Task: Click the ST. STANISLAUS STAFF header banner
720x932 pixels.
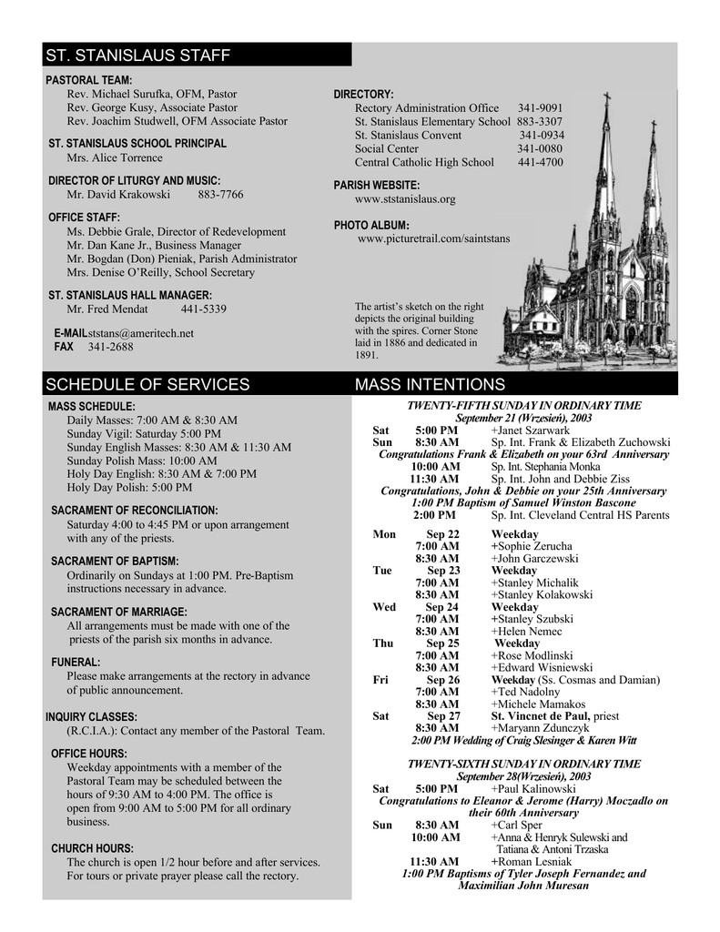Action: point(197,56)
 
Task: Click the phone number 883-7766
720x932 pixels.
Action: point(220,195)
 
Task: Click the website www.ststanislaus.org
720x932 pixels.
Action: point(405,198)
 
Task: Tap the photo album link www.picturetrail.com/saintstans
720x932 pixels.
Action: point(433,238)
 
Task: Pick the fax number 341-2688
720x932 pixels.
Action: point(110,347)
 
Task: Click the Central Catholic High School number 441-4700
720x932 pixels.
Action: point(540,162)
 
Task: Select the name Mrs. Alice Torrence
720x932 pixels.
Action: point(115,157)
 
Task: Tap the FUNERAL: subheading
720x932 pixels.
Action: point(76,662)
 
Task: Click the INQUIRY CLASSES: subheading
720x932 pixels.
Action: point(91,716)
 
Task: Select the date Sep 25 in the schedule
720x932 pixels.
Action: point(442,643)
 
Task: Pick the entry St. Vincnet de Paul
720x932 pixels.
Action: point(541,715)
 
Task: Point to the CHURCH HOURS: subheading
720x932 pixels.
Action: point(92,848)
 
